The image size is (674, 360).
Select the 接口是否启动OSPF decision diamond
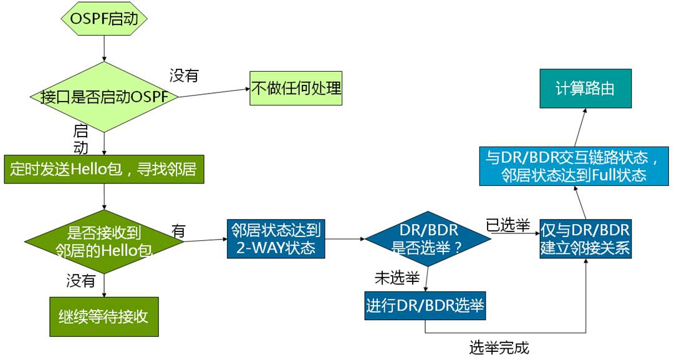point(104,97)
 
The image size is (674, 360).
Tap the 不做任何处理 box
point(296,88)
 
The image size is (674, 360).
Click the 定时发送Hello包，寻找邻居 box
point(104,169)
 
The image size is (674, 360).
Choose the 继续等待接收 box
point(104,316)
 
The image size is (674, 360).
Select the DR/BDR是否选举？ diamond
point(426,238)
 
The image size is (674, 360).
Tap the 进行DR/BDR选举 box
point(425,306)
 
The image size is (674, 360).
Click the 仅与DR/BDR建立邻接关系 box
point(585,238)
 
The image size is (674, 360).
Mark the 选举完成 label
point(499,347)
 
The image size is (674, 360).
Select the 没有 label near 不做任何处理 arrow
point(184,76)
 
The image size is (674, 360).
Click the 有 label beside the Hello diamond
point(178,231)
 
